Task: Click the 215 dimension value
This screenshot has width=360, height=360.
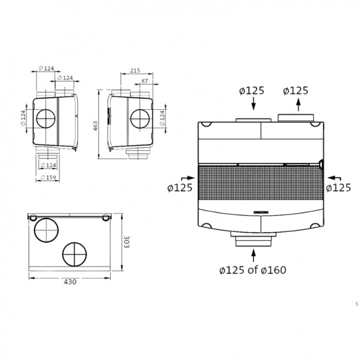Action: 135,70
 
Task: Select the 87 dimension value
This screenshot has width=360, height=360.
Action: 145,80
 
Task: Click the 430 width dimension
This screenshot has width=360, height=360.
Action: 70,282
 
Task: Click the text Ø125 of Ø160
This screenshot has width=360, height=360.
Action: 252,270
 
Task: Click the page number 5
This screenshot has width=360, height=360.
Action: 356,304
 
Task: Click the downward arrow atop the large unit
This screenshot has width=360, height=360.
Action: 254,105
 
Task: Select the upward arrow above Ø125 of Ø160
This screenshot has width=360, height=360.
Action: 254,255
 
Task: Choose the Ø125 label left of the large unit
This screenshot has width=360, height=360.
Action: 180,188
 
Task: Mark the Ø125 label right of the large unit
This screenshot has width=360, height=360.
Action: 338,188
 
